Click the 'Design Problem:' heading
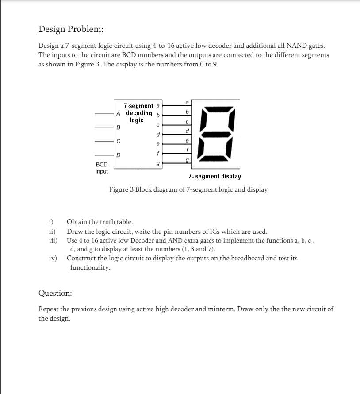(x=71, y=29)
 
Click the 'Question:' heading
(x=55, y=293)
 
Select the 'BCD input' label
(x=102, y=168)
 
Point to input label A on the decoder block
(x=118, y=112)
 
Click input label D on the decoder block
(x=118, y=155)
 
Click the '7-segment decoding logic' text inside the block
(x=138, y=113)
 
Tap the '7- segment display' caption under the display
(x=214, y=176)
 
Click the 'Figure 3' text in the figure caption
(x=121, y=189)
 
